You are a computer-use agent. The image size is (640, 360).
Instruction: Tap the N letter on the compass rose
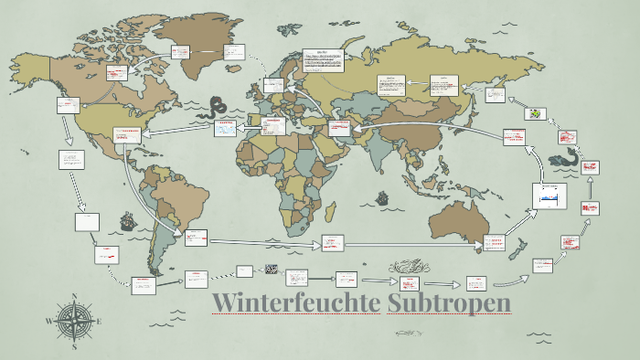tap(73, 297)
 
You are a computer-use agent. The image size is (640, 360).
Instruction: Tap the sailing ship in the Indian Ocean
tap(385, 197)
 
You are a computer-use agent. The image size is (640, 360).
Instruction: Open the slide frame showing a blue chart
tap(549, 196)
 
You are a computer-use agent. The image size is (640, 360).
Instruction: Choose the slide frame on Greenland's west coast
tap(176, 54)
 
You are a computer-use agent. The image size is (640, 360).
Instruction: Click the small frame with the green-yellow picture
tap(536, 114)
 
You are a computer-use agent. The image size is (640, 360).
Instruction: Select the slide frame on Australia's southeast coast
tap(495, 242)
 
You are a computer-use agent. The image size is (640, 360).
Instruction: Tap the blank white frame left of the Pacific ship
tap(87, 222)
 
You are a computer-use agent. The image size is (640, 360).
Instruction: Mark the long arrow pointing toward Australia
tap(402, 245)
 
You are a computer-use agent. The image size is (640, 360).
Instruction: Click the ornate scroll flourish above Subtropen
tap(406, 267)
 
